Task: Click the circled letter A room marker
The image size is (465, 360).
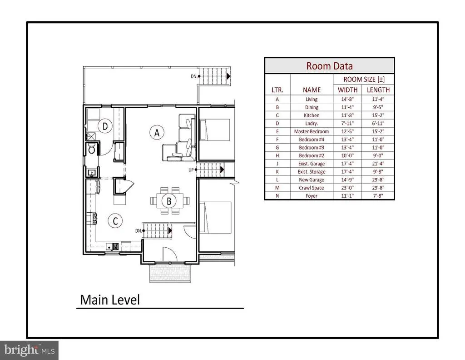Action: (157, 133)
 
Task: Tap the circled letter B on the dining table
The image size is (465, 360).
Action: (169, 201)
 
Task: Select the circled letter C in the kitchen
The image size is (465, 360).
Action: (115, 221)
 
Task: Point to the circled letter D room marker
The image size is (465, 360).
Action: (105, 126)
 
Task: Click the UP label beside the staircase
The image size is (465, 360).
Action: (191, 170)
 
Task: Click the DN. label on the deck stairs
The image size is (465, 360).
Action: (194, 76)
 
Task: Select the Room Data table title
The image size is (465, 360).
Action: (330, 66)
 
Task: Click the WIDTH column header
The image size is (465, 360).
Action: (347, 90)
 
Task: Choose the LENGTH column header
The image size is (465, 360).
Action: (378, 90)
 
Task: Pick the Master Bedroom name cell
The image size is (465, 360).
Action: (312, 131)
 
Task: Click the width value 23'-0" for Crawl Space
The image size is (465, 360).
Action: (347, 188)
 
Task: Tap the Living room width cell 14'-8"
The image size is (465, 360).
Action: (347, 100)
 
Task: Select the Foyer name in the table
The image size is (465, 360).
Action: (312, 196)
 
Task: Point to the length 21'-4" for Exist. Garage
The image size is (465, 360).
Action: (378, 164)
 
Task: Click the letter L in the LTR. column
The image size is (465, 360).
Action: (277, 180)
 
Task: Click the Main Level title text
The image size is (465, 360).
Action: (110, 300)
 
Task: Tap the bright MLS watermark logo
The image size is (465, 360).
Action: (30, 350)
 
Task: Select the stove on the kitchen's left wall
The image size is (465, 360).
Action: (92, 219)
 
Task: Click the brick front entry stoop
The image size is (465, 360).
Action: (170, 273)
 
